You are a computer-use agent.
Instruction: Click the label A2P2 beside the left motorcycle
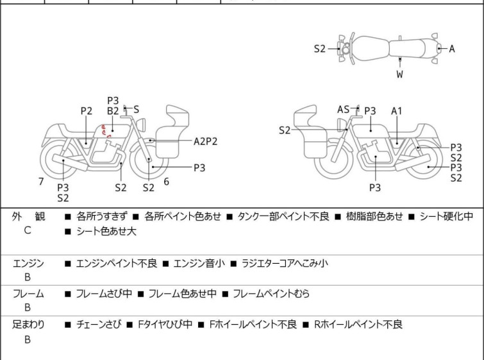[206, 141]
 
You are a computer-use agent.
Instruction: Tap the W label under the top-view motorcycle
[399, 74]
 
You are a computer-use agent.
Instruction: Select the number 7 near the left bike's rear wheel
[41, 182]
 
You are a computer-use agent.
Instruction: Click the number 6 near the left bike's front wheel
[166, 182]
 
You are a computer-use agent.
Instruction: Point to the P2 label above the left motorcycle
[87, 111]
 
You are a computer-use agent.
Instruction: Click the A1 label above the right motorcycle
[397, 111]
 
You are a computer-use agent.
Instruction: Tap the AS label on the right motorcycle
[344, 110]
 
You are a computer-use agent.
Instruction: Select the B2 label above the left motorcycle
[113, 111]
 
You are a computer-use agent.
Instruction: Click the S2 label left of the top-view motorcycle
[320, 48]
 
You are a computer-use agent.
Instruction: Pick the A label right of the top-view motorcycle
[452, 48]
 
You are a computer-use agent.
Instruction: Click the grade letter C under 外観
[28, 230]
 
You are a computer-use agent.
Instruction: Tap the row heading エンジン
[28, 263]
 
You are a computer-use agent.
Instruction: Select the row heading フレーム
[28, 294]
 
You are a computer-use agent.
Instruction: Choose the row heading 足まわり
[28, 325]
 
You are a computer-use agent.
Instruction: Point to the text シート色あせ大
[106, 231]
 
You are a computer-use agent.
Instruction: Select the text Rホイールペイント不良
[358, 325]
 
